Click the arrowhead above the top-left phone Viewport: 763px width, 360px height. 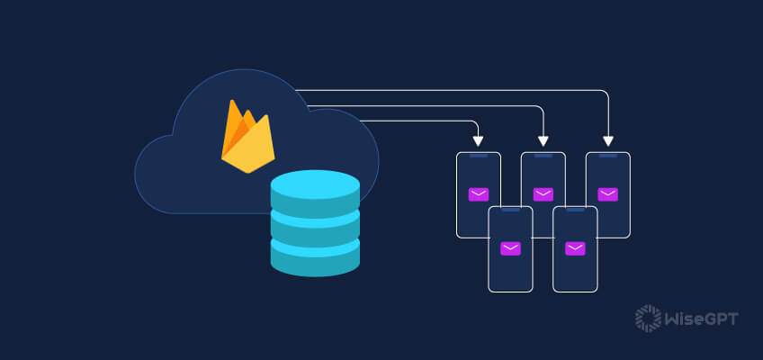479,140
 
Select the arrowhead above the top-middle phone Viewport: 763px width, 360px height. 543,140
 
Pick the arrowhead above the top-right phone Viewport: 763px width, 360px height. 608,140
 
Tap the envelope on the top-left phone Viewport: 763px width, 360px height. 479,193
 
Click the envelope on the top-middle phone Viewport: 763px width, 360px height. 543,193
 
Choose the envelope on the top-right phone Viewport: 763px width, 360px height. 608,193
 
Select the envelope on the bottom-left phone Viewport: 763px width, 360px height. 511,248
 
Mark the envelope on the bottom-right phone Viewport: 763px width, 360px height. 576,248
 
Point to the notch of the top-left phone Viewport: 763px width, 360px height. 479,156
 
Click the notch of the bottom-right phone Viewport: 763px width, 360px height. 576,210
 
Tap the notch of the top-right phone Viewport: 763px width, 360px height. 608,156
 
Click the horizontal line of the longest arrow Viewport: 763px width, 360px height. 450,90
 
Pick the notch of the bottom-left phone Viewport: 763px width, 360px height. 511,210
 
